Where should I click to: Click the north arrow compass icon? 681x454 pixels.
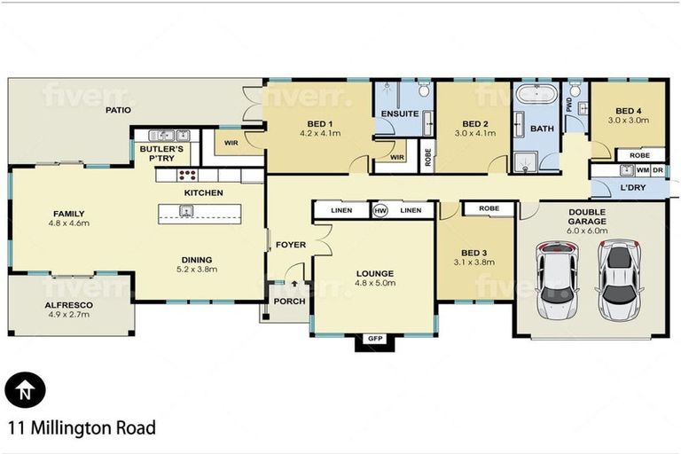pos(25,388)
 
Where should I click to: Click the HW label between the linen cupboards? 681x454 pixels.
pos(381,210)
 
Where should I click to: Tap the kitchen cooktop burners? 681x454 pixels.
pos(187,175)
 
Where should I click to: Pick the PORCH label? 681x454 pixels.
pos(289,301)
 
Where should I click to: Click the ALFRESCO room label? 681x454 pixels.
pos(70,304)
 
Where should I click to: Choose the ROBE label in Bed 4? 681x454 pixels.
pos(639,155)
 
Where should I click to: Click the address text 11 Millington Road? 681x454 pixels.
pos(81,428)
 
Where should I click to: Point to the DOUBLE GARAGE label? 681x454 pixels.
pos(587,216)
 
